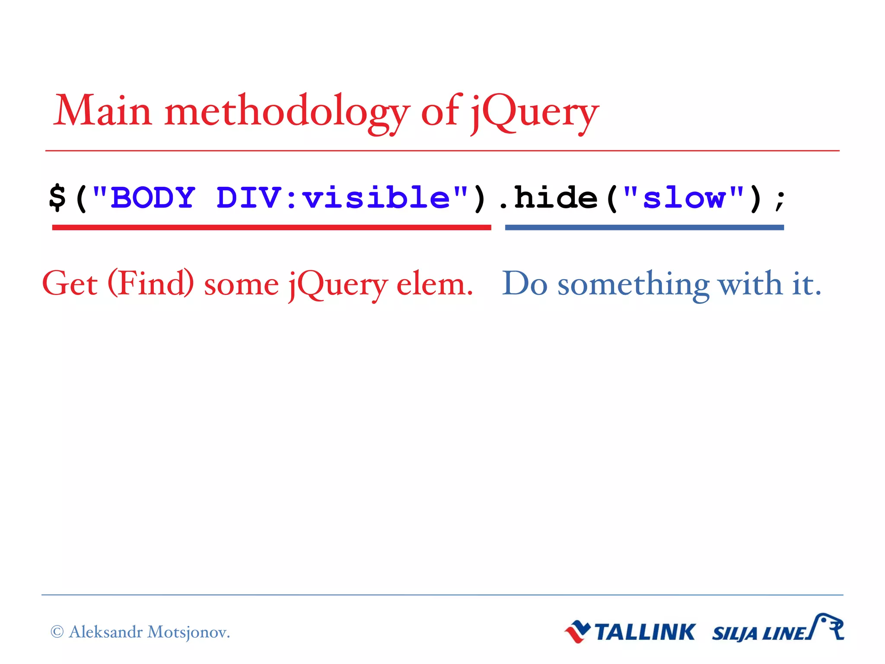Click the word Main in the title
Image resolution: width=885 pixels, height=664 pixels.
pyautogui.click(x=102, y=111)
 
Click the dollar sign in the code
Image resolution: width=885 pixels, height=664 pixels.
pyautogui.click(x=57, y=198)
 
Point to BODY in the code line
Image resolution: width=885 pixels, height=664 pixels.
pyautogui.click(x=153, y=198)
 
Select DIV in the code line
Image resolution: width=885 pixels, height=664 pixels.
pyautogui.click(x=249, y=198)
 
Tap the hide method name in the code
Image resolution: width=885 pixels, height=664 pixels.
pyautogui.click(x=556, y=198)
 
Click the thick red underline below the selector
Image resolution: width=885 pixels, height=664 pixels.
pyautogui.click(x=271, y=227)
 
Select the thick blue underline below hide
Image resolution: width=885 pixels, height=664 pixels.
pyautogui.click(x=644, y=227)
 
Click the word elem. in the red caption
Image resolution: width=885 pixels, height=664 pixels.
pyautogui.click(x=434, y=285)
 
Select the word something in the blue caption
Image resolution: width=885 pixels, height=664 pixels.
pyautogui.click(x=634, y=285)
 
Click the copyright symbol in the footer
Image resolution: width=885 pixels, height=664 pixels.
pyautogui.click(x=57, y=632)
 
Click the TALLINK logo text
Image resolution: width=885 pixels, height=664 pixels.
pyautogui.click(x=645, y=632)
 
